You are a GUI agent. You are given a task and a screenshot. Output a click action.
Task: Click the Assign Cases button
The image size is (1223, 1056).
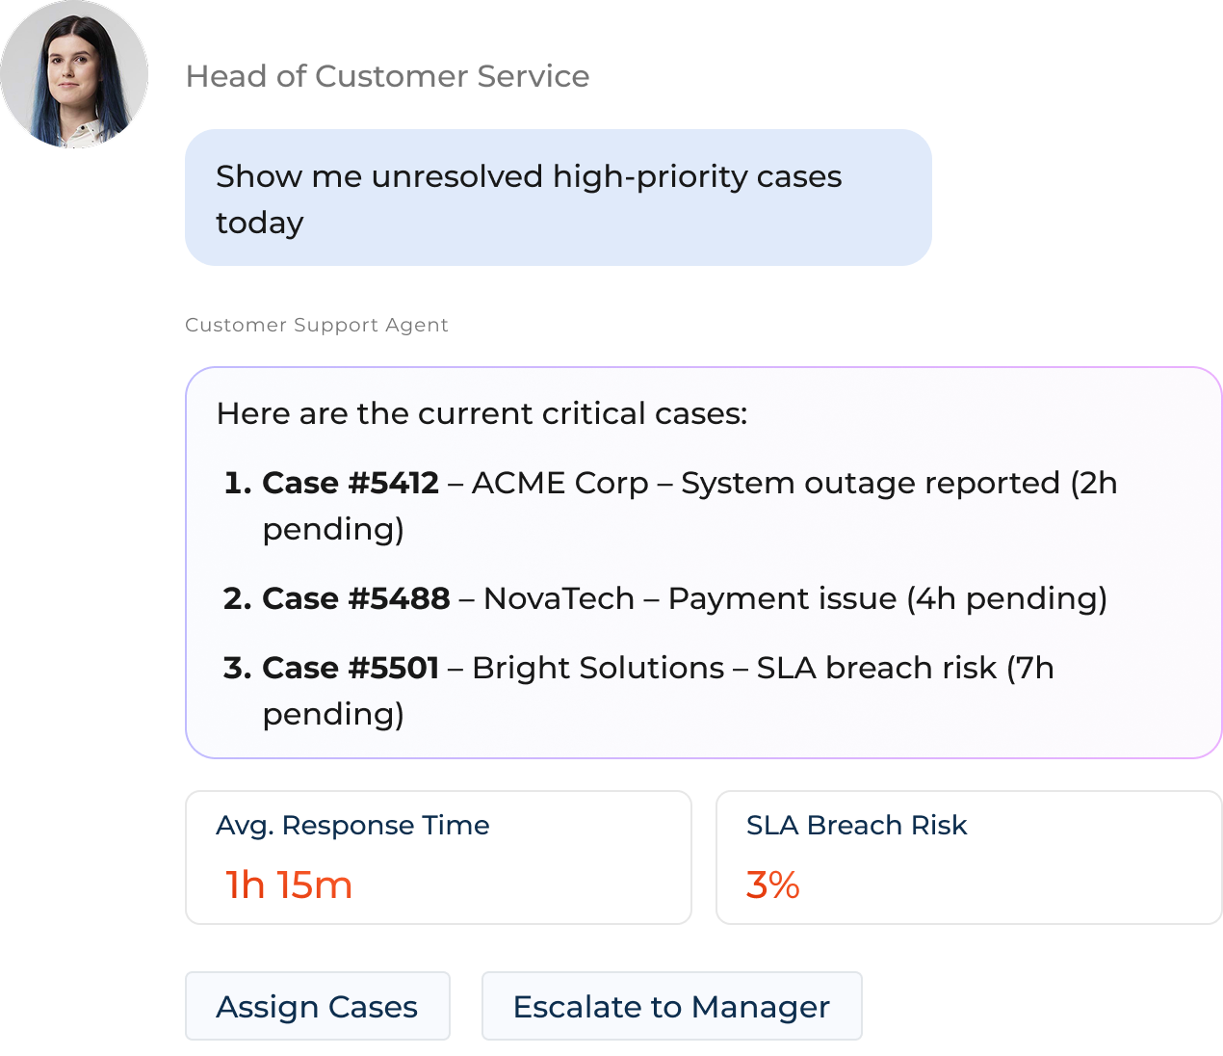[x=317, y=1007]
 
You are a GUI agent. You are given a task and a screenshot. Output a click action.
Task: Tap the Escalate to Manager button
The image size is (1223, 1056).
[x=671, y=1007]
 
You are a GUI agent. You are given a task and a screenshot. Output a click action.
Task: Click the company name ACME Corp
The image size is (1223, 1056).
[x=559, y=483]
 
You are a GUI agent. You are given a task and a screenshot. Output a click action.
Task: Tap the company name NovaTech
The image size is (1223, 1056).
[x=559, y=598]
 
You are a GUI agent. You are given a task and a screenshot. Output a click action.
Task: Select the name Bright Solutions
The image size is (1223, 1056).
[x=598, y=668]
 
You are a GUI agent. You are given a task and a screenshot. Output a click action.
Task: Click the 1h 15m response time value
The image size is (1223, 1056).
[x=289, y=884]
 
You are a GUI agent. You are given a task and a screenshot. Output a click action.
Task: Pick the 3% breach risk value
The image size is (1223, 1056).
[x=772, y=884]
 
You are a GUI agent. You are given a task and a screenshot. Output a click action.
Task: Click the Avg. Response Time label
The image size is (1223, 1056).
[x=352, y=825]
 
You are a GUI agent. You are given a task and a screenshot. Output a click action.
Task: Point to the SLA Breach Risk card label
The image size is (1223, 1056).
[x=856, y=825]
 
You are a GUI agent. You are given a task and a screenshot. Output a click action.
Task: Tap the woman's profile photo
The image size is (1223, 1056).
[x=74, y=74]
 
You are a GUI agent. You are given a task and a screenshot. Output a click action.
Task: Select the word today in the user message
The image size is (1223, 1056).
[x=259, y=223]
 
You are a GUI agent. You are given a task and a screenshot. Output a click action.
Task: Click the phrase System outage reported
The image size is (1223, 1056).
[x=871, y=483]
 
